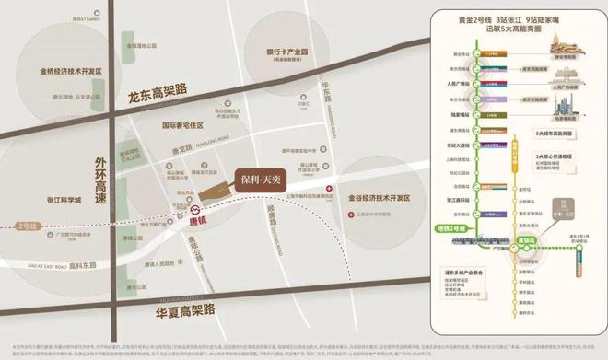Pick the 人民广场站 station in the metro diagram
[x=478, y=81]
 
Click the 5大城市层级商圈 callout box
[x=556, y=134]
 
